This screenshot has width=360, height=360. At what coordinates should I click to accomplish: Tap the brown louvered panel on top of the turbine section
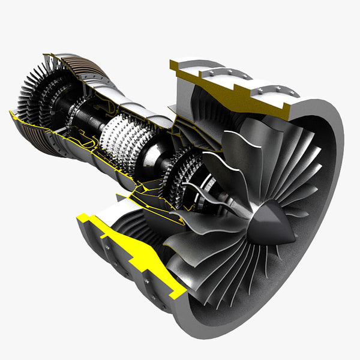(84, 66)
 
